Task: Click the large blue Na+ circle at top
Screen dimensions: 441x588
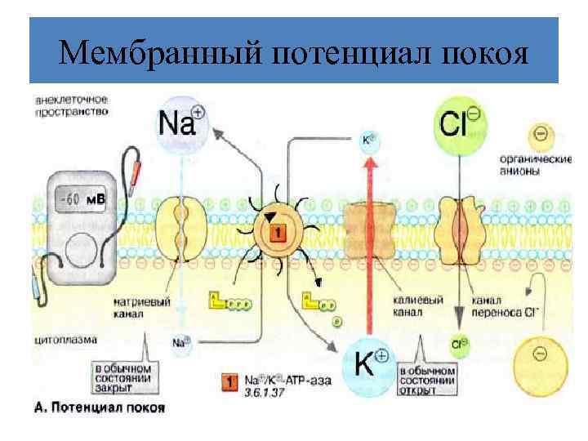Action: point(182,122)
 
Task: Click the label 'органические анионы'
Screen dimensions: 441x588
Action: point(540,165)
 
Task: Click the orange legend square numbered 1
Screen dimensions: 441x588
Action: point(229,381)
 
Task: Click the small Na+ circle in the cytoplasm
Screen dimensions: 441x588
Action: point(181,345)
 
